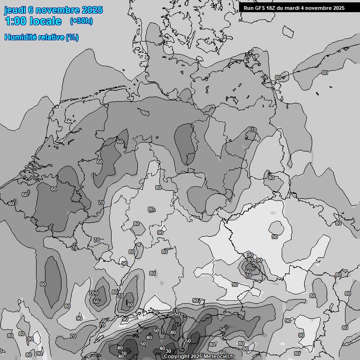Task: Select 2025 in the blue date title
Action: click(x=92, y=10)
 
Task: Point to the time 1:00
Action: click(x=15, y=21)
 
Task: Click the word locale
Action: click(x=45, y=21)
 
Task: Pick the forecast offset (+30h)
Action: click(x=81, y=21)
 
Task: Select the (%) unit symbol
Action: click(x=72, y=37)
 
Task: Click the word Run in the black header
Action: click(x=248, y=8)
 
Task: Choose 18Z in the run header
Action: click(x=273, y=8)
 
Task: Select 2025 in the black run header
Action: click(x=338, y=8)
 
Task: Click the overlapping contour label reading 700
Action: click(x=93, y=293)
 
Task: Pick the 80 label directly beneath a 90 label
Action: click(x=250, y=260)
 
